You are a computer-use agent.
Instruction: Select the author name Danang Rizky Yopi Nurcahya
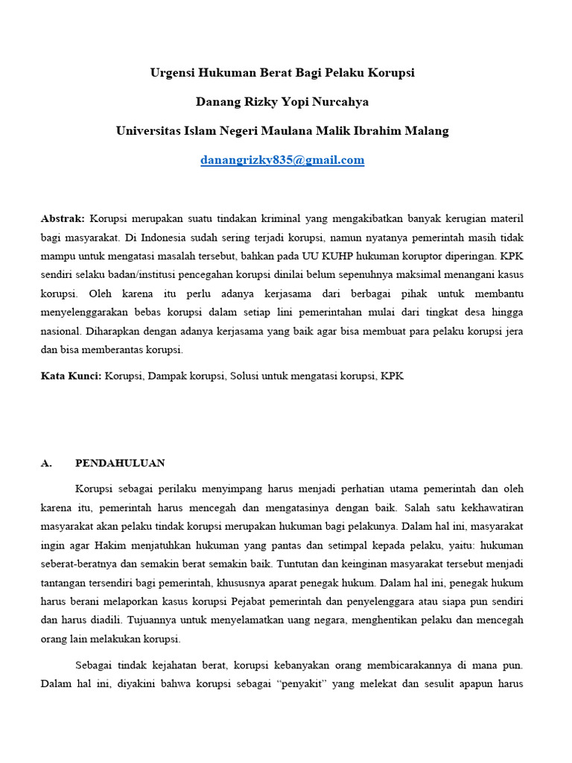tap(282, 101)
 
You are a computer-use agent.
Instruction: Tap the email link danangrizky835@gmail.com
tap(282, 159)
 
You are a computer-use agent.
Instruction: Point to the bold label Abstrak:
tap(63, 218)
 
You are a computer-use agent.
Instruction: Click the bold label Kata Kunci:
tap(71, 376)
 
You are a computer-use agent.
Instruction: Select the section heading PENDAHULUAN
tap(120, 463)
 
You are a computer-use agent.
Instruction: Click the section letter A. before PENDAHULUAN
tap(46, 463)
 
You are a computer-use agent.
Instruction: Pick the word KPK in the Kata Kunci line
tap(392, 376)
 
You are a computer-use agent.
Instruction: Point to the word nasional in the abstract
tap(61, 332)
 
